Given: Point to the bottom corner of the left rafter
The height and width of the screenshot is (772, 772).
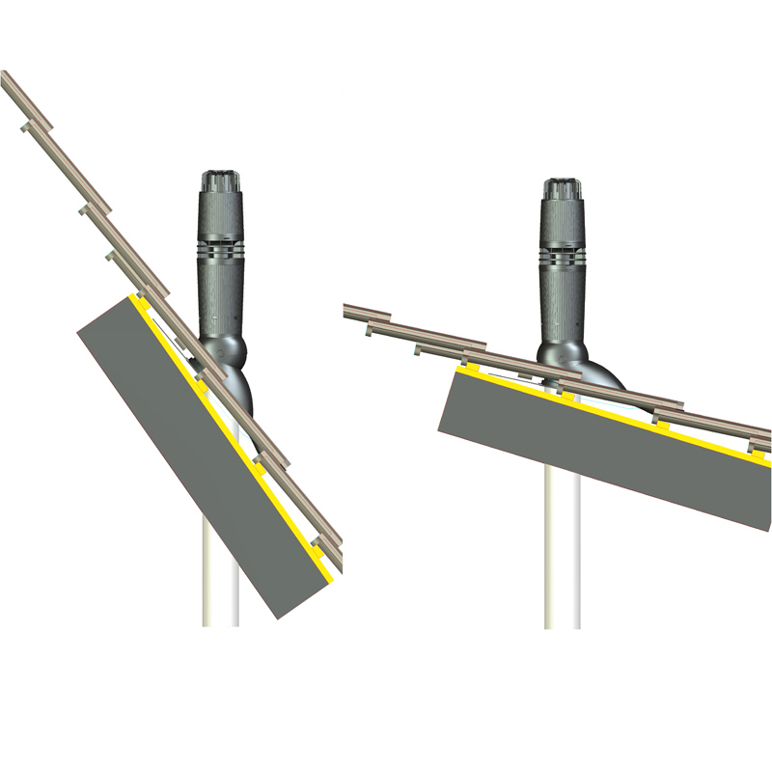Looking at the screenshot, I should pyautogui.click(x=278, y=617).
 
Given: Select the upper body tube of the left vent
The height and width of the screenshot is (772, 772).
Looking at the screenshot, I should pyautogui.click(x=221, y=217).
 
